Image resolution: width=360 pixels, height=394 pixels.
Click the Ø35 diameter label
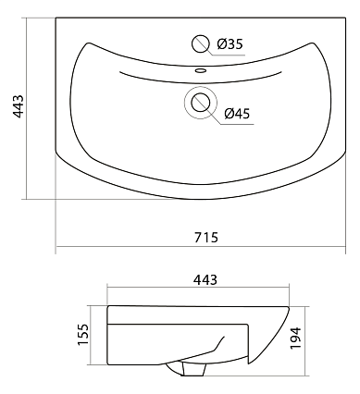pyautogui.click(x=230, y=44)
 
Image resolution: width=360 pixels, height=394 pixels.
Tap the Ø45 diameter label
pyautogui.click(x=237, y=114)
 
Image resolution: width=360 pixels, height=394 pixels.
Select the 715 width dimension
pyautogui.click(x=206, y=238)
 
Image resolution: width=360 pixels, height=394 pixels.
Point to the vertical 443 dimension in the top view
pyautogui.click(x=19, y=106)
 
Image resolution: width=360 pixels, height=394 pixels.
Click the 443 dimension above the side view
pyautogui.click(x=205, y=279)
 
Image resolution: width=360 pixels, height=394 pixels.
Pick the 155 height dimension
pyautogui.click(x=83, y=335)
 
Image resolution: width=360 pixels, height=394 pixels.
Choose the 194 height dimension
pyautogui.click(x=295, y=339)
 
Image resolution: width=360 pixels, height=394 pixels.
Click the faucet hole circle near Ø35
pyautogui.click(x=201, y=44)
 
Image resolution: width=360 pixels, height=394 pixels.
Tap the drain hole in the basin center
pyautogui.click(x=201, y=103)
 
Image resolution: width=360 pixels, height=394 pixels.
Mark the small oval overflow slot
pyautogui.click(x=201, y=70)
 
